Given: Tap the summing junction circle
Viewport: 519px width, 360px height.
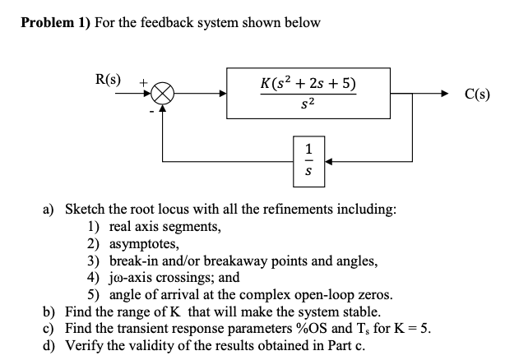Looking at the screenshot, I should tap(160, 93).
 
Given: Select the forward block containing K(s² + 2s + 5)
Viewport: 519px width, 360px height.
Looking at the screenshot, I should tap(308, 94).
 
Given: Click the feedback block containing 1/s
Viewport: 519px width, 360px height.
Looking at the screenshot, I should tap(308, 160).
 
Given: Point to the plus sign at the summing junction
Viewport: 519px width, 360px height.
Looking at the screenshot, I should tap(144, 82).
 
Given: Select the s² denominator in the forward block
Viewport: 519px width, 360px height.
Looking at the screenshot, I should tap(308, 105).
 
